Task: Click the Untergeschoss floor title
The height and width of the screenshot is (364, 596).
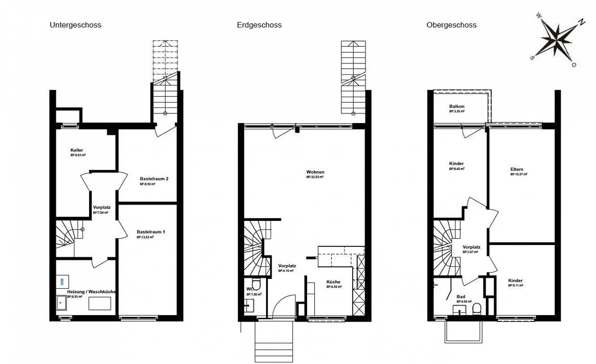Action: [75, 25]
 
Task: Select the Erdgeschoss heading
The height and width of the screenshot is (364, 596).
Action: [259, 25]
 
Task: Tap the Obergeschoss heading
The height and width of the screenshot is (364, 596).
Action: [451, 25]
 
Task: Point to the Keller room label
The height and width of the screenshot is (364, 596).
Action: [77, 150]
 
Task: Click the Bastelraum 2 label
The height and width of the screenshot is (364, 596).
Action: [154, 179]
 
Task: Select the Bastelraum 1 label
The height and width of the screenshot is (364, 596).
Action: [151, 232]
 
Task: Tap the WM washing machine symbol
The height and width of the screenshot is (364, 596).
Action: [62, 282]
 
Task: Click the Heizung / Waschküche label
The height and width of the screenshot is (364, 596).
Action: [91, 292]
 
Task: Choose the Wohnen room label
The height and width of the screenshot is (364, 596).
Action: [315, 172]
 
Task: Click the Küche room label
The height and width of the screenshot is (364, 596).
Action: [333, 282]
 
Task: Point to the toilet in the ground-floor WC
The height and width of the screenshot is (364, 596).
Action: [256, 285]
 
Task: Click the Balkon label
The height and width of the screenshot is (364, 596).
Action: [457, 106]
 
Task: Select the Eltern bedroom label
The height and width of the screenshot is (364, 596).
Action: [517, 169]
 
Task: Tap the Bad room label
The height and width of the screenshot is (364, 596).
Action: [461, 297]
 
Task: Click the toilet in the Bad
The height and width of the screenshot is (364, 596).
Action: [477, 309]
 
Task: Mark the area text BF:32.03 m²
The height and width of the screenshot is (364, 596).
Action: [315, 177]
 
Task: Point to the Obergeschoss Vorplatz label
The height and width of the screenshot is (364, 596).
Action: [471, 247]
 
